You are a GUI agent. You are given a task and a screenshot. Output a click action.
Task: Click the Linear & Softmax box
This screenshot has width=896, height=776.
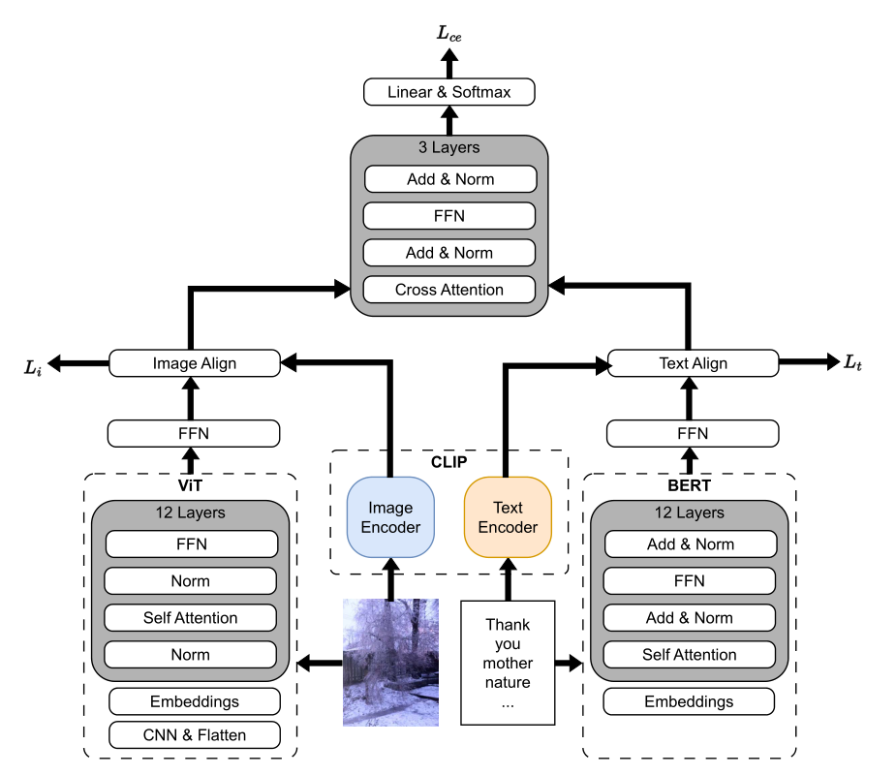point(448,93)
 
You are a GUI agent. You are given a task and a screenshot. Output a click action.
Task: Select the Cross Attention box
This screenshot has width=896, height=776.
point(448,290)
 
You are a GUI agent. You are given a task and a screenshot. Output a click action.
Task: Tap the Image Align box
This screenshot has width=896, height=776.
point(194,363)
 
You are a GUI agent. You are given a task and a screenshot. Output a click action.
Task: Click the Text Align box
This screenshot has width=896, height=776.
point(693,363)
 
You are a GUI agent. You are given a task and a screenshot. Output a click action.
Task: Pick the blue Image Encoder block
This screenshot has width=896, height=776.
point(390,517)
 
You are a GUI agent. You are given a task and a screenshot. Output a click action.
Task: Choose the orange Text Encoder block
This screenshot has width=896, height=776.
point(508,517)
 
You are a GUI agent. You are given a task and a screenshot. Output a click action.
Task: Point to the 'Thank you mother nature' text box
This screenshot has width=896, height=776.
point(508,663)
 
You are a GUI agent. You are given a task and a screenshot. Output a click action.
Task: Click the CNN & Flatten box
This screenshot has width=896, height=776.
point(195,735)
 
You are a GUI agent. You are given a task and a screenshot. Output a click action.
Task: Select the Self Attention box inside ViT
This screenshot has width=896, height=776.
point(191,618)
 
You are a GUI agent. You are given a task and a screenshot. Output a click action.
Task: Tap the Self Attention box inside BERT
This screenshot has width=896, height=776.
point(690,655)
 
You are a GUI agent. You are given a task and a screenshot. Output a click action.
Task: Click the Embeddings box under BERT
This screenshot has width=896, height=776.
point(690,701)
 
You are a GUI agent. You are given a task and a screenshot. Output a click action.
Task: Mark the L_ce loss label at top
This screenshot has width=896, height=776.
point(449,34)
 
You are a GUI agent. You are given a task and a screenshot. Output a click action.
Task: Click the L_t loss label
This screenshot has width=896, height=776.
point(851,362)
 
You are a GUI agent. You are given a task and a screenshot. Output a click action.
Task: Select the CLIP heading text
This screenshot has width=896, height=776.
point(449,462)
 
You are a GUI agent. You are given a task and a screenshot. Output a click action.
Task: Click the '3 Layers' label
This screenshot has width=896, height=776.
point(449,148)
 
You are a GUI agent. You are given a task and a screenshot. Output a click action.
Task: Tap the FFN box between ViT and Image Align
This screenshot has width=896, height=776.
point(193,433)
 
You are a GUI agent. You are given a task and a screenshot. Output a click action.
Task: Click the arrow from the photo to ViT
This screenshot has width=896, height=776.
point(319,664)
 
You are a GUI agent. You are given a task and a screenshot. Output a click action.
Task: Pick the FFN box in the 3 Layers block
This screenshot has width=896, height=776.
point(448,216)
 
